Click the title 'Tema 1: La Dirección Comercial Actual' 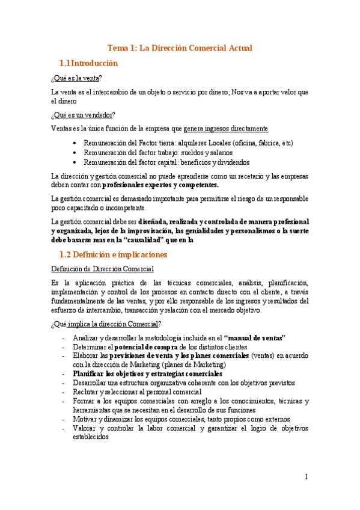click(x=180, y=48)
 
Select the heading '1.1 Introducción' click(x=88, y=63)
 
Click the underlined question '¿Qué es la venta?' click(x=76, y=78)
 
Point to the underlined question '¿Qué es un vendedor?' click(x=84, y=115)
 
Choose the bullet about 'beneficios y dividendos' click(x=166, y=162)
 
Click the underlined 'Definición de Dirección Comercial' click(x=102, y=269)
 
